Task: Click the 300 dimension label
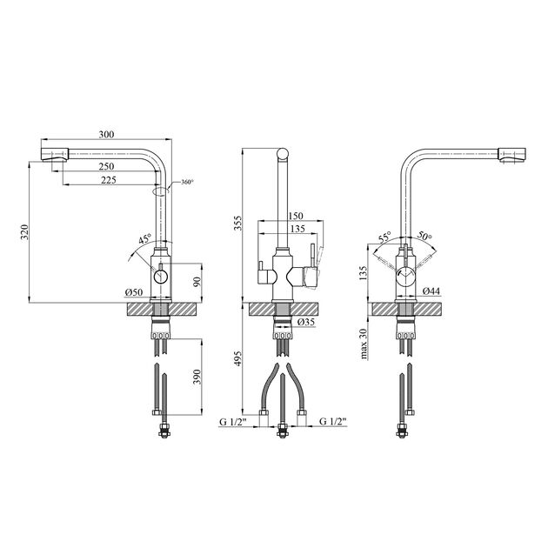(x=107, y=134)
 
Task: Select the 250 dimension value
(x=106, y=166)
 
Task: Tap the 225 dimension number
(x=108, y=180)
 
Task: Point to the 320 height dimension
(x=24, y=231)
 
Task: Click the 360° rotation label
(x=187, y=182)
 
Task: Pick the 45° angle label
(x=144, y=238)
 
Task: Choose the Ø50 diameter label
(x=134, y=291)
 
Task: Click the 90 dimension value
(x=197, y=282)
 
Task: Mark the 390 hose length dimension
(x=197, y=377)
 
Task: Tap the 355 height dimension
(x=237, y=223)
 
